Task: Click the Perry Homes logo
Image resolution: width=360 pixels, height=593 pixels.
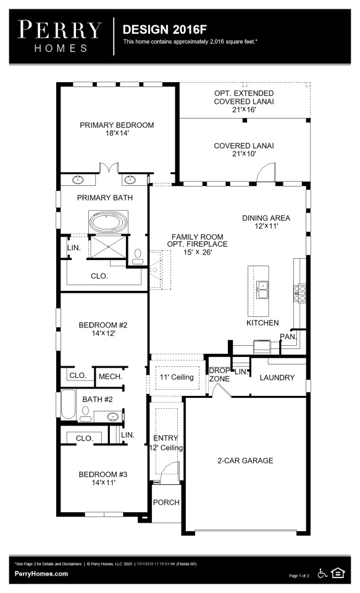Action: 60,36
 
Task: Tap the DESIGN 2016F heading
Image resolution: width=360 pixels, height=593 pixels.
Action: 164,30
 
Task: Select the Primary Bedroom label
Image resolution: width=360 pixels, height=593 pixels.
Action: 117,128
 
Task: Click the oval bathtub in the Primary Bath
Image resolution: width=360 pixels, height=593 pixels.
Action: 108,222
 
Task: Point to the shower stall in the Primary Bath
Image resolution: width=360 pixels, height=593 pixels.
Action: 108,246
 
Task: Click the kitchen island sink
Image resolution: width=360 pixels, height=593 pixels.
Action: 262,290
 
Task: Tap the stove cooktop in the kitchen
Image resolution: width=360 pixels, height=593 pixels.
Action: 300,293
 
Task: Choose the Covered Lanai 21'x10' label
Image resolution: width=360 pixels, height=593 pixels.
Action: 244,149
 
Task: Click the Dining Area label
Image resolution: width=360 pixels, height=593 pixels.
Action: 266,222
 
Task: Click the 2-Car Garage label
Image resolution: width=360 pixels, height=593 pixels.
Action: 245,461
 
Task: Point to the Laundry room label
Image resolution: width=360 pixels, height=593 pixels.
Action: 277,377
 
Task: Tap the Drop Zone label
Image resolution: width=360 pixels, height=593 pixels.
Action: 219,375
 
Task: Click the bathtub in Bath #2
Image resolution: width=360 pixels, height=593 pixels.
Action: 69,404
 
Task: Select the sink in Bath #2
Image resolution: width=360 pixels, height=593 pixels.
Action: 112,417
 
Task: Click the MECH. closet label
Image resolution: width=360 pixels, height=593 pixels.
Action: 111,377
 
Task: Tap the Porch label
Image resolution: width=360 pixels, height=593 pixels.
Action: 166,502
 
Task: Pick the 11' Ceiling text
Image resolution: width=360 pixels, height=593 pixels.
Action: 177,377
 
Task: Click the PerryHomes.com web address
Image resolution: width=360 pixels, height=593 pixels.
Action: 41,574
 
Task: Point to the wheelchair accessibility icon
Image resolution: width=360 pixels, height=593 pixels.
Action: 322,573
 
